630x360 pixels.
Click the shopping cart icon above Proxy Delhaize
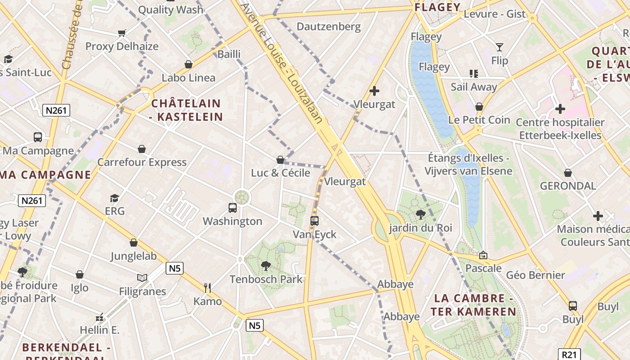point(121,33)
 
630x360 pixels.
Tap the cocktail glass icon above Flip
point(499,47)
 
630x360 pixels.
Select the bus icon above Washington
point(233,207)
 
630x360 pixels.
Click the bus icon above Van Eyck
point(315,220)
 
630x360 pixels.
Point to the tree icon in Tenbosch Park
point(266,265)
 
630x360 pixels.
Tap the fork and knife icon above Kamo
point(207,288)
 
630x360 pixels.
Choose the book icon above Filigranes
point(142,278)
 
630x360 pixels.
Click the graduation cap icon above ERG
point(115,198)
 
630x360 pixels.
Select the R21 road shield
point(569,354)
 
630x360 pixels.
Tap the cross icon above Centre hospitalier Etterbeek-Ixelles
point(560,108)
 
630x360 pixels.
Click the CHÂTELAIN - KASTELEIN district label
point(187,110)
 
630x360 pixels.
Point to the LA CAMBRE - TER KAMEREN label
point(473,305)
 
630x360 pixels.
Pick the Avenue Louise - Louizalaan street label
point(282,63)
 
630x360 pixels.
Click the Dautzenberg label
point(328,27)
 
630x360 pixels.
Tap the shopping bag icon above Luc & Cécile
point(280,159)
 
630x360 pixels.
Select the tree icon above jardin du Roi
point(421,214)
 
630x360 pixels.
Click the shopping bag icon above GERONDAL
point(568,172)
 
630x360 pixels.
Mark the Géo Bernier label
point(535,275)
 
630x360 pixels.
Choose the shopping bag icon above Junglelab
point(134,243)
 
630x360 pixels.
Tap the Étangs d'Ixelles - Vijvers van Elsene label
point(468,164)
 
